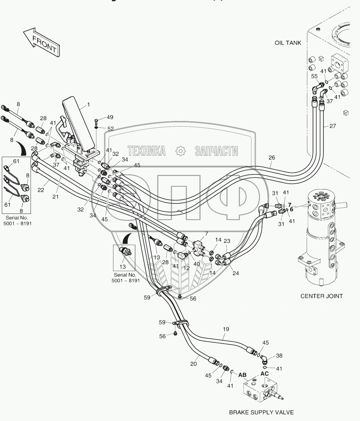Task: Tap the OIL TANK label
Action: pos(288,43)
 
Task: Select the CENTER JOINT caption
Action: pos(322,296)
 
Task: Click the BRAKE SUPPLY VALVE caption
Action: pos(261,412)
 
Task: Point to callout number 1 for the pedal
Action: pos(89,104)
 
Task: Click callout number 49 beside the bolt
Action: pos(110,117)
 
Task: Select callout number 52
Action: pos(110,129)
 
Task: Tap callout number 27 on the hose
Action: pos(332,126)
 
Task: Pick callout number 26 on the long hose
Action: pos(271,157)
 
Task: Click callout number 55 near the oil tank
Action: pos(314,76)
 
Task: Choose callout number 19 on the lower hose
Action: pos(226,329)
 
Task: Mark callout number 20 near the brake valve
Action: pos(194,364)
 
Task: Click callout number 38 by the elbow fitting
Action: pos(279,356)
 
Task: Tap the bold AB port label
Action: pos(243,375)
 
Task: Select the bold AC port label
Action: pos(265,374)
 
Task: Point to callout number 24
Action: pos(236,273)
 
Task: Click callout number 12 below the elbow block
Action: pos(186,268)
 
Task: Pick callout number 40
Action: pos(197,264)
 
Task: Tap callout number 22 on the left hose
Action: pos(41,190)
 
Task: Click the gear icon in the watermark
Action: pos(180,151)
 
